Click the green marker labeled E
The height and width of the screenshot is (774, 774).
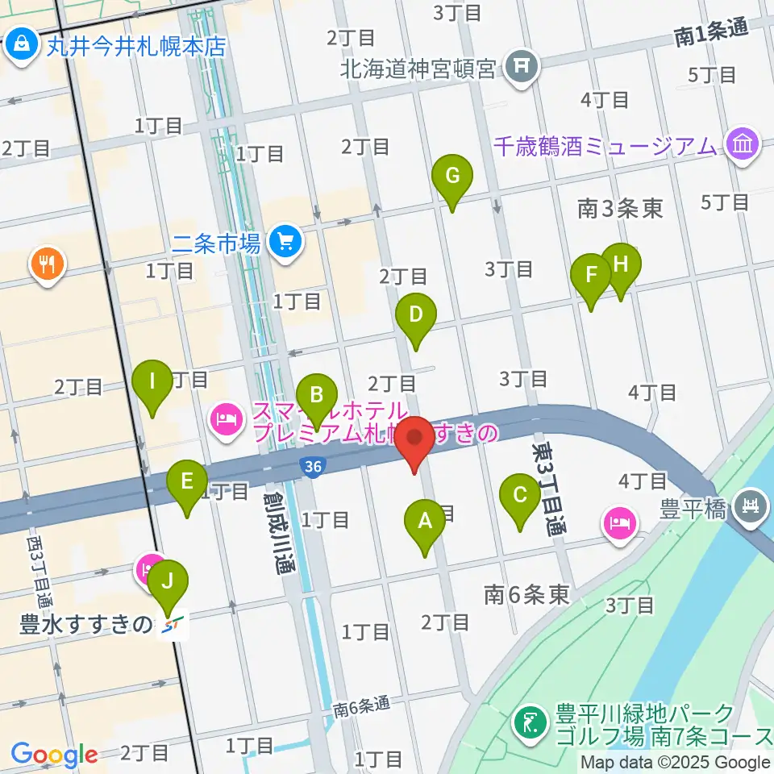click(187, 483)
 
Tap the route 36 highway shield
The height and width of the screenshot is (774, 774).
click(310, 466)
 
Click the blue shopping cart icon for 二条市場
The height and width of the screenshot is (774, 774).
click(285, 240)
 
